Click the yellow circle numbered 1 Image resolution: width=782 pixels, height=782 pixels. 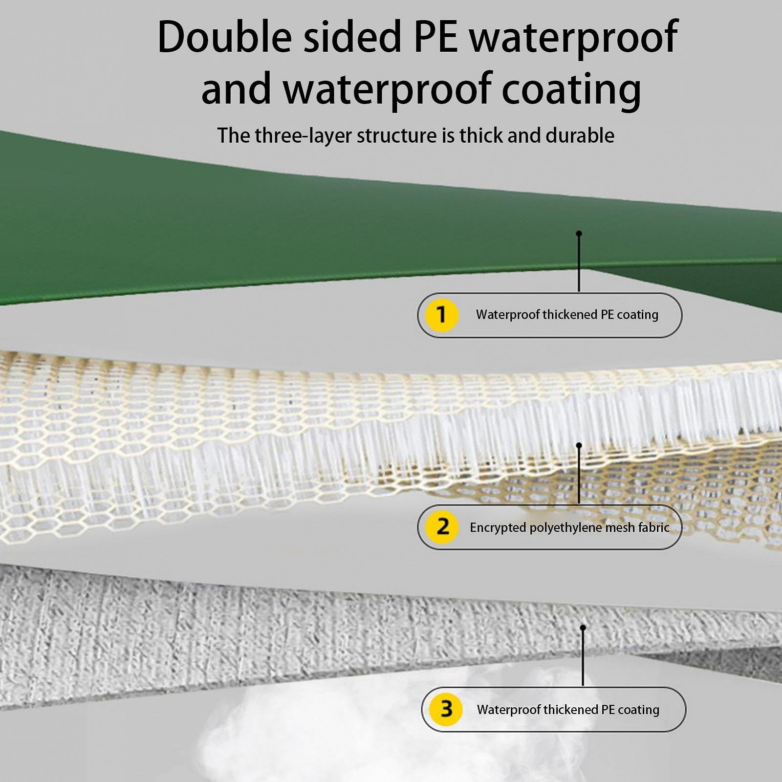click(441, 315)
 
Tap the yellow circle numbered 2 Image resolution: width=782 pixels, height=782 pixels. click(442, 527)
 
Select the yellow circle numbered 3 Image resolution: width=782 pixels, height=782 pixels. click(446, 709)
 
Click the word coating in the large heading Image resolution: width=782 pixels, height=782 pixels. click(571, 89)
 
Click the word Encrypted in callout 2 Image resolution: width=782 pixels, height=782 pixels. click(498, 528)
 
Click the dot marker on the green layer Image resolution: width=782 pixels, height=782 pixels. click(579, 234)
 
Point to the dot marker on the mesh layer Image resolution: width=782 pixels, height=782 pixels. click(579, 445)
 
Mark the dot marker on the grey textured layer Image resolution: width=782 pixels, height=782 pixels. click(583, 628)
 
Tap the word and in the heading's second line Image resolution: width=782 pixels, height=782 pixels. click(236, 89)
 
